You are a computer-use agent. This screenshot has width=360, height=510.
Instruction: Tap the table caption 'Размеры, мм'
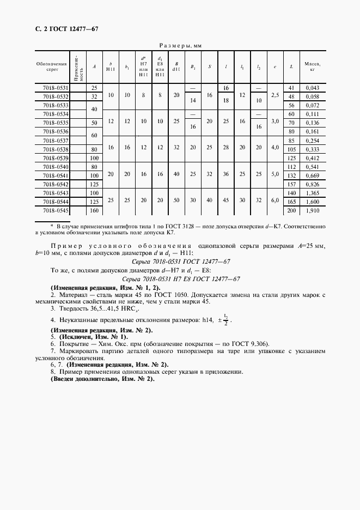(x=180, y=46)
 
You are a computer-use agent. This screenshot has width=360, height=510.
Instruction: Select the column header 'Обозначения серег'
(x=52, y=66)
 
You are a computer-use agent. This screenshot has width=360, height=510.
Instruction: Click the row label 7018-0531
(x=56, y=88)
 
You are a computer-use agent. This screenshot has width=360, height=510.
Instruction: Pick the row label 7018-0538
(x=56, y=149)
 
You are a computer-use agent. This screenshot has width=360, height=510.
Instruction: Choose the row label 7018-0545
(x=56, y=210)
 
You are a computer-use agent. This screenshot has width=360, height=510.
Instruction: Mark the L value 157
(x=291, y=184)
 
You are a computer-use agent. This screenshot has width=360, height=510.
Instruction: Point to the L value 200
(x=291, y=210)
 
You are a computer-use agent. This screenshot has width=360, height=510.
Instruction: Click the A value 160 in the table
(x=94, y=210)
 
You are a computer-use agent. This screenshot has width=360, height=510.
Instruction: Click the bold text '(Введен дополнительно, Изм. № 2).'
(x=102, y=378)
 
